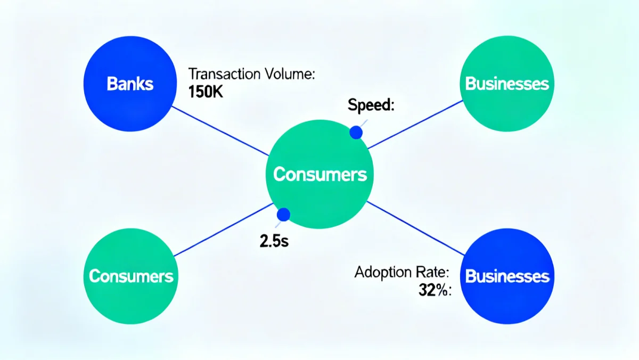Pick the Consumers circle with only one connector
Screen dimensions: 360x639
[131, 276]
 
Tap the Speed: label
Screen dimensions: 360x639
[371, 105]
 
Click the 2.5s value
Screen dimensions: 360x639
[273, 241]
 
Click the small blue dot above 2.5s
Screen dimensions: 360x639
[284, 215]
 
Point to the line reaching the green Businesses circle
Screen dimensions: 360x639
[415, 124]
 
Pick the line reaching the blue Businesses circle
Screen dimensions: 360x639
[415, 227]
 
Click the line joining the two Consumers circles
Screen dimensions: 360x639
[224, 230]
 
